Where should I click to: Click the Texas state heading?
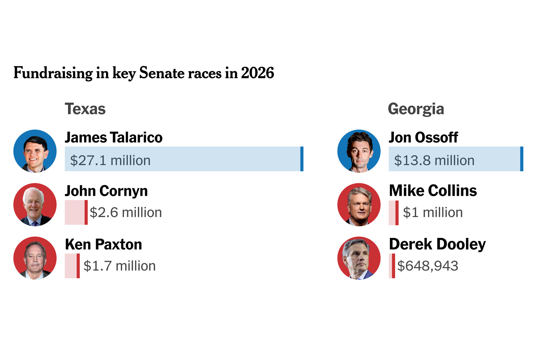[x=85, y=109]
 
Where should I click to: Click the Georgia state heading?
[x=416, y=109]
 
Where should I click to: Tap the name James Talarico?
[x=113, y=137]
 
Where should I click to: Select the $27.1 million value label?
[x=110, y=160]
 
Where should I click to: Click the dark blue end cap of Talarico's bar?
[x=302, y=159]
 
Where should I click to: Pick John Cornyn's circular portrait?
[x=35, y=205]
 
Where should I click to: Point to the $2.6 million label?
[x=126, y=213]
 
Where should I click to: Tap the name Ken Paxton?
[x=103, y=244]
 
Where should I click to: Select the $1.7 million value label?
[x=119, y=266]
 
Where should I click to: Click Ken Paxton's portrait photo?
[x=35, y=258]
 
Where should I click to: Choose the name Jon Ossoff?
[x=423, y=137]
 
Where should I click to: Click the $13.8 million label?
[x=434, y=160]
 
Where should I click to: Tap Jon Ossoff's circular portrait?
[x=359, y=151]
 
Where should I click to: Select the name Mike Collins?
[x=433, y=191]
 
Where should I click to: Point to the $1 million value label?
[x=433, y=213]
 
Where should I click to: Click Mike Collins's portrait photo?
[x=359, y=205]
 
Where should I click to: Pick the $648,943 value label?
[x=427, y=266]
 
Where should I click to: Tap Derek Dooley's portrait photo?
[x=359, y=258]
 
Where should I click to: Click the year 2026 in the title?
[x=257, y=73]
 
